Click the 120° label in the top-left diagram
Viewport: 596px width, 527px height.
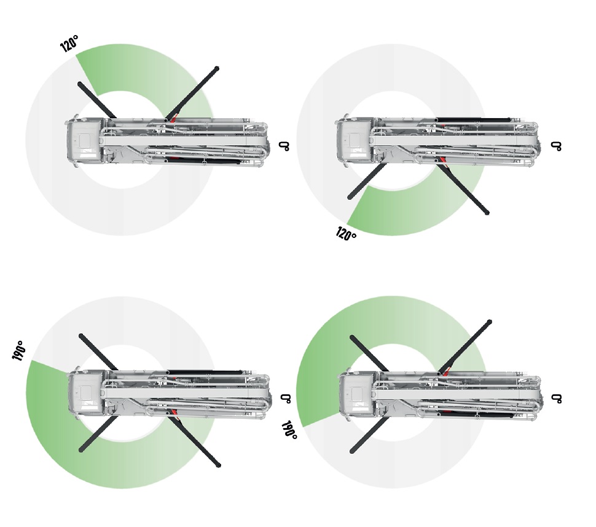click(69, 44)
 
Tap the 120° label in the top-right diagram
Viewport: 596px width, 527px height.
click(346, 233)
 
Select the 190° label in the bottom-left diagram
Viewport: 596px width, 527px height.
click(18, 351)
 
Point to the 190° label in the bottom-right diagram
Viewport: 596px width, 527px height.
click(289, 430)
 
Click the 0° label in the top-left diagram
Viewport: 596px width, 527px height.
click(284, 146)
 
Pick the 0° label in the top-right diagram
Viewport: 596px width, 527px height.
click(556, 146)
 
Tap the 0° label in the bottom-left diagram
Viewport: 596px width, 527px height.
click(286, 398)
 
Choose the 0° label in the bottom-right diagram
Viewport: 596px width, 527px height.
click(557, 398)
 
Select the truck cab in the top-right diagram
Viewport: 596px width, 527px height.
click(355, 141)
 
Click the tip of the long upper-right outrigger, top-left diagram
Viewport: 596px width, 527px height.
click(217, 68)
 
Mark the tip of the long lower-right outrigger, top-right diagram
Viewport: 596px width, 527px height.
click(487, 213)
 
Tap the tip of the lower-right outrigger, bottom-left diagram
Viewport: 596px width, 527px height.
click(218, 465)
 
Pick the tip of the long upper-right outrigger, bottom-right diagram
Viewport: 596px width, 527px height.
click(490, 322)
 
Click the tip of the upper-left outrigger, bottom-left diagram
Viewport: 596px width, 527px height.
click(81, 336)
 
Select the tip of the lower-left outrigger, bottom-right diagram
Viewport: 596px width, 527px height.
click(352, 451)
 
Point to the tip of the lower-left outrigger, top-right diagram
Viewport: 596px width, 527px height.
click(350, 197)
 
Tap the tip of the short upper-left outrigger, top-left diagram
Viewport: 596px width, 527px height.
click(80, 84)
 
